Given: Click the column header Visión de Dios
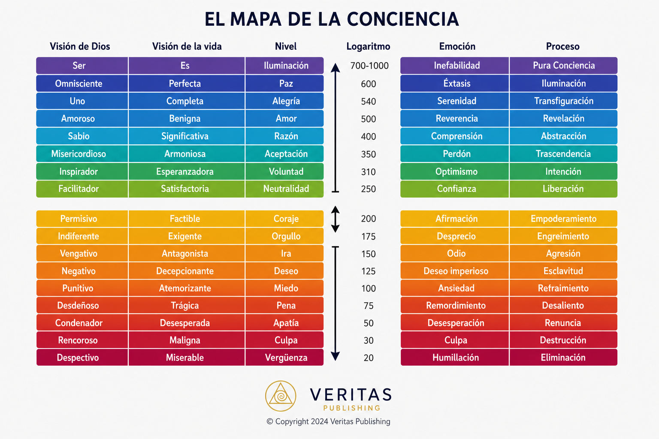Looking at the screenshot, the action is [80, 46].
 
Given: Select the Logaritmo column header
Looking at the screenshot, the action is [368, 46].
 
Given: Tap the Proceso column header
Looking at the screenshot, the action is [562, 46].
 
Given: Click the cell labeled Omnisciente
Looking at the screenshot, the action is [82, 84].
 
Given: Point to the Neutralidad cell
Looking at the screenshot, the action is [284, 189].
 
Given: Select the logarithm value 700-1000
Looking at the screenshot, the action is [369, 66].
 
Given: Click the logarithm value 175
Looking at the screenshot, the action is [369, 236].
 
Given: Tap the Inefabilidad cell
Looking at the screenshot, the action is [454, 66].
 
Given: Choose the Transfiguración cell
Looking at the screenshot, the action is [563, 101].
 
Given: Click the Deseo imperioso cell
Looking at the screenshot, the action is [454, 271].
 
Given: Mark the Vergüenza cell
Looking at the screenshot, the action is [284, 358].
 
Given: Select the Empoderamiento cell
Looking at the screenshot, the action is [563, 219].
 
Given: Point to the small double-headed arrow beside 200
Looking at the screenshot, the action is [336, 219].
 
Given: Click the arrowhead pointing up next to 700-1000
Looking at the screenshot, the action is [336, 68].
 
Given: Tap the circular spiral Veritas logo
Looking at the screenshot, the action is [281, 396].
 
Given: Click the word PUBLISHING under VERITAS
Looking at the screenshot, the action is [351, 408].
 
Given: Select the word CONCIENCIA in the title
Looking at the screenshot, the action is [403, 19].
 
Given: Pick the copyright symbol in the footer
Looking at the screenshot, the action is [270, 422].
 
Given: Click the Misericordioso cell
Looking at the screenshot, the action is [82, 154].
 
